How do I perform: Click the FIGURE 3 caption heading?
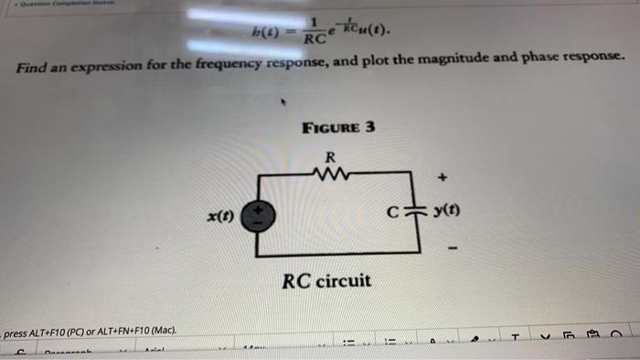click(x=337, y=127)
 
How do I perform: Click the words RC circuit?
click(x=327, y=280)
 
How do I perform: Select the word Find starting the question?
click(x=33, y=69)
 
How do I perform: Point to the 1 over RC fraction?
click(x=314, y=33)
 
